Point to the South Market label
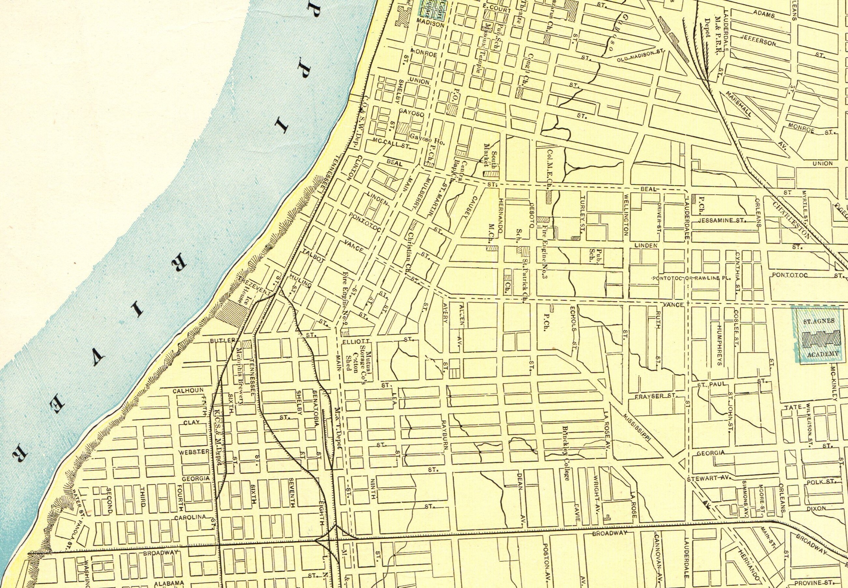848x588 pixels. click(x=491, y=153)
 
